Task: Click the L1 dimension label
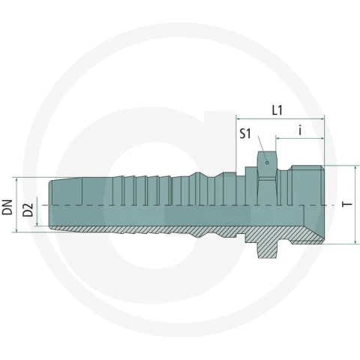277,110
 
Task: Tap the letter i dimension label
300,130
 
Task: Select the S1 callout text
245,133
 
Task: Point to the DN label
7,207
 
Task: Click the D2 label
28,209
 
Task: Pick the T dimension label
346,204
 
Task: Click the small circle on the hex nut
267,163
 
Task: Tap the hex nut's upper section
267,164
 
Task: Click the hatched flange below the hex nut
267,250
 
